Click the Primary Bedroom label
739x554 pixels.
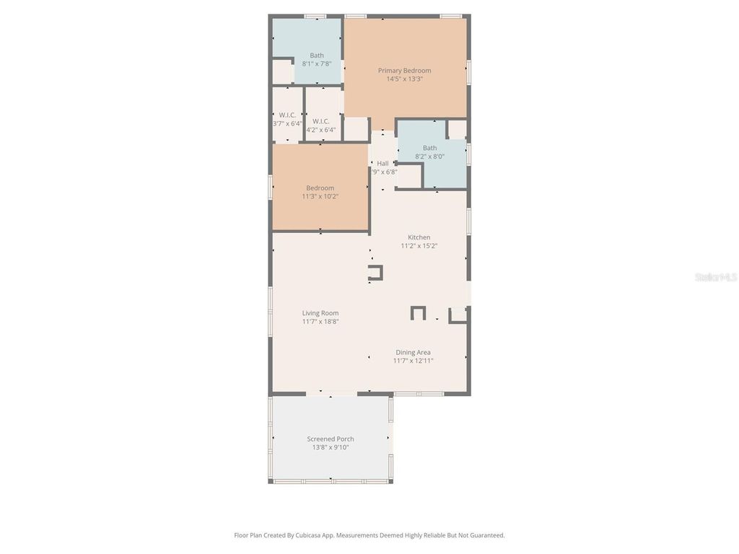[404, 71]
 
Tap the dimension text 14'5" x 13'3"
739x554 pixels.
[404, 79]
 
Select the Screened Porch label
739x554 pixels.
[331, 439]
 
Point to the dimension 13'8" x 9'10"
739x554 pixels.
[331, 447]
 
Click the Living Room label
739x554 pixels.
[320, 313]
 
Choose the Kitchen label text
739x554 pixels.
[419, 237]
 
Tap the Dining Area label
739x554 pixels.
[413, 352]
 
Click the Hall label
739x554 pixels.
[382, 164]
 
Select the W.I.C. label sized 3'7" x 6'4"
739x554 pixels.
[287, 115]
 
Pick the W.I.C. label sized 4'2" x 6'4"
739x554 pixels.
[321, 121]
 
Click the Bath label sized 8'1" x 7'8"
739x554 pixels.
[317, 56]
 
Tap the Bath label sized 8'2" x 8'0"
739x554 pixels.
[429, 148]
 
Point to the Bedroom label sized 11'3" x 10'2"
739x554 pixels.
[320, 188]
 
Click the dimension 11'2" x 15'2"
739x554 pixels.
[419, 246]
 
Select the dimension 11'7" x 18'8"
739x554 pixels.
[320, 322]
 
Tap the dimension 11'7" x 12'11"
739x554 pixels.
[413, 361]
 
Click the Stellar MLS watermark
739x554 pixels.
[715, 277]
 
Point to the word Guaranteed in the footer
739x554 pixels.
[486, 535]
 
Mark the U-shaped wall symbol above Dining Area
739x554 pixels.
[418, 312]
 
